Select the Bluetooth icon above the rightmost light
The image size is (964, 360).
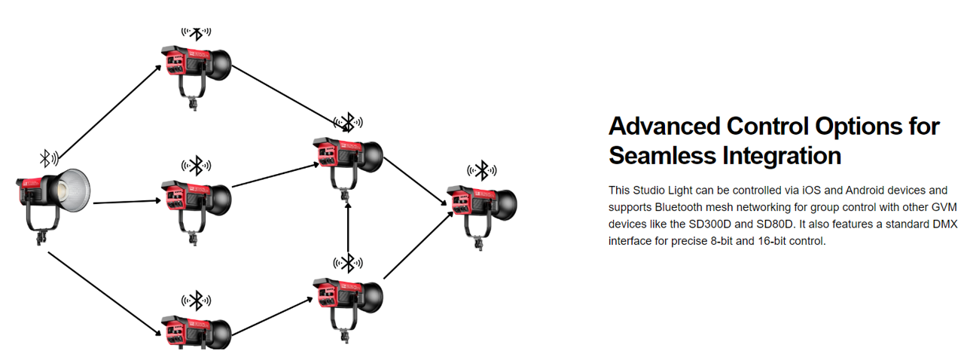(x=483, y=171)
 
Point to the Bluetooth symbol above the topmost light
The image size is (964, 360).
(x=196, y=33)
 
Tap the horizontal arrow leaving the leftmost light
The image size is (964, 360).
(x=128, y=202)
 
